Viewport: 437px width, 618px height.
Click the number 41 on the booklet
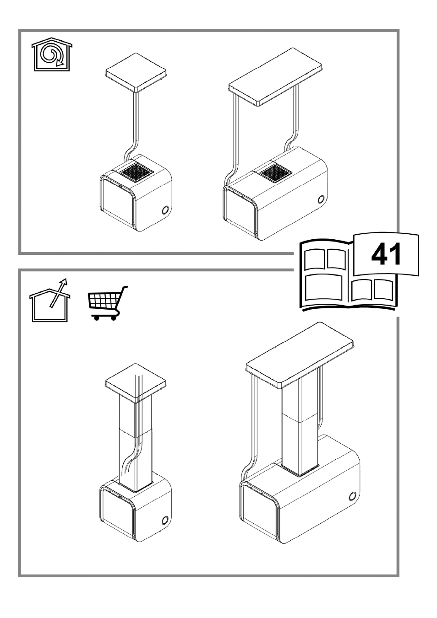tap(386, 254)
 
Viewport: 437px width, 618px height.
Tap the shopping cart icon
tap(108, 303)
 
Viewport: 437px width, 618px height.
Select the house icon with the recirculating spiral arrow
tap(52, 54)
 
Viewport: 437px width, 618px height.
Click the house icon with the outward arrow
tap(50, 300)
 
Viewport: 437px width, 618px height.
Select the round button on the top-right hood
tap(321, 199)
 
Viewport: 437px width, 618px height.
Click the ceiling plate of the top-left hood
tap(136, 72)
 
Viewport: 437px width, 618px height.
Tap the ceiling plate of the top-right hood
tap(275, 77)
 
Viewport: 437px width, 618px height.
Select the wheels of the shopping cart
tap(105, 318)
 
